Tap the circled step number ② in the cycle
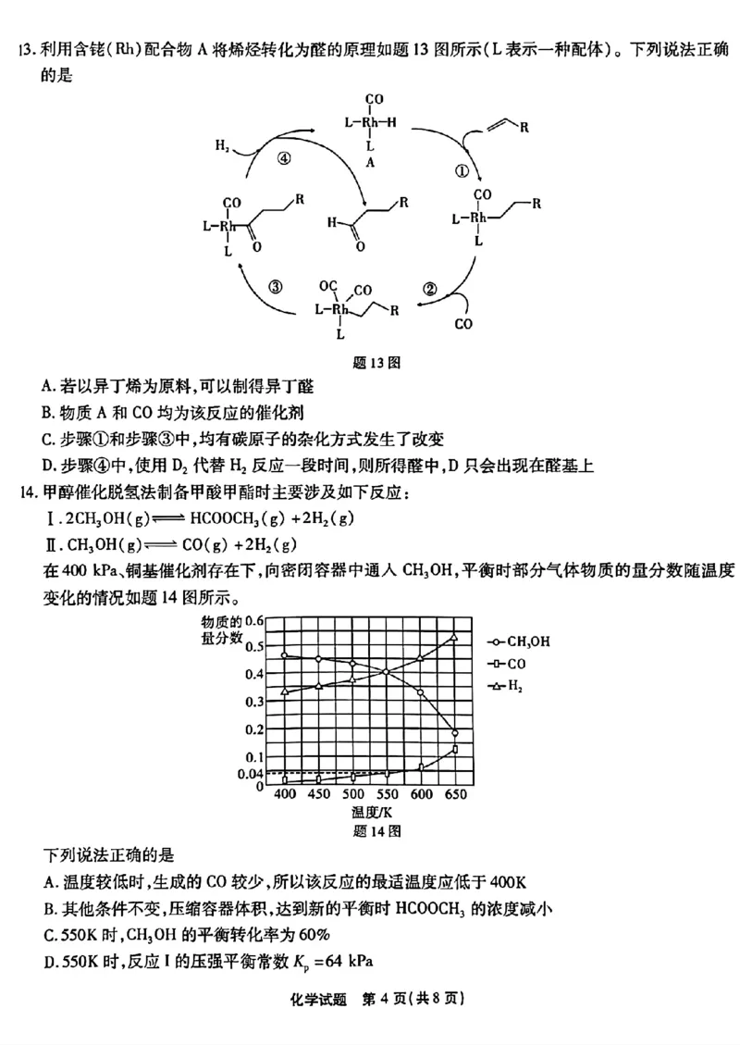[429, 288]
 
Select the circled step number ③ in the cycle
[276, 286]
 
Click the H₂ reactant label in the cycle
[222, 145]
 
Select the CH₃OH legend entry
[521, 641]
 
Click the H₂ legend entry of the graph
[510, 685]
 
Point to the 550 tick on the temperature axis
[387, 794]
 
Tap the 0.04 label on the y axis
[253, 773]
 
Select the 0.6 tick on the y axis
[255, 620]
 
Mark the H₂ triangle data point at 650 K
[454, 637]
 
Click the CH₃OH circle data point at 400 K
[284, 655]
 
